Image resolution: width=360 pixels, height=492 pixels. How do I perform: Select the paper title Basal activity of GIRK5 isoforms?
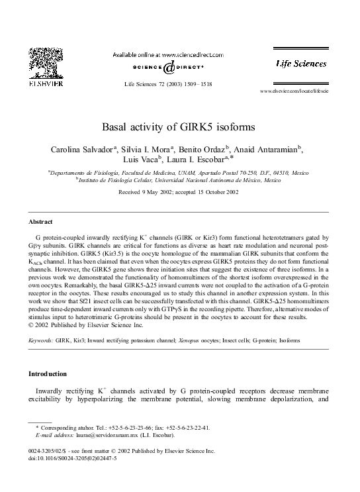point(180,126)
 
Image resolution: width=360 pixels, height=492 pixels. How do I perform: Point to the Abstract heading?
point(41,221)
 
